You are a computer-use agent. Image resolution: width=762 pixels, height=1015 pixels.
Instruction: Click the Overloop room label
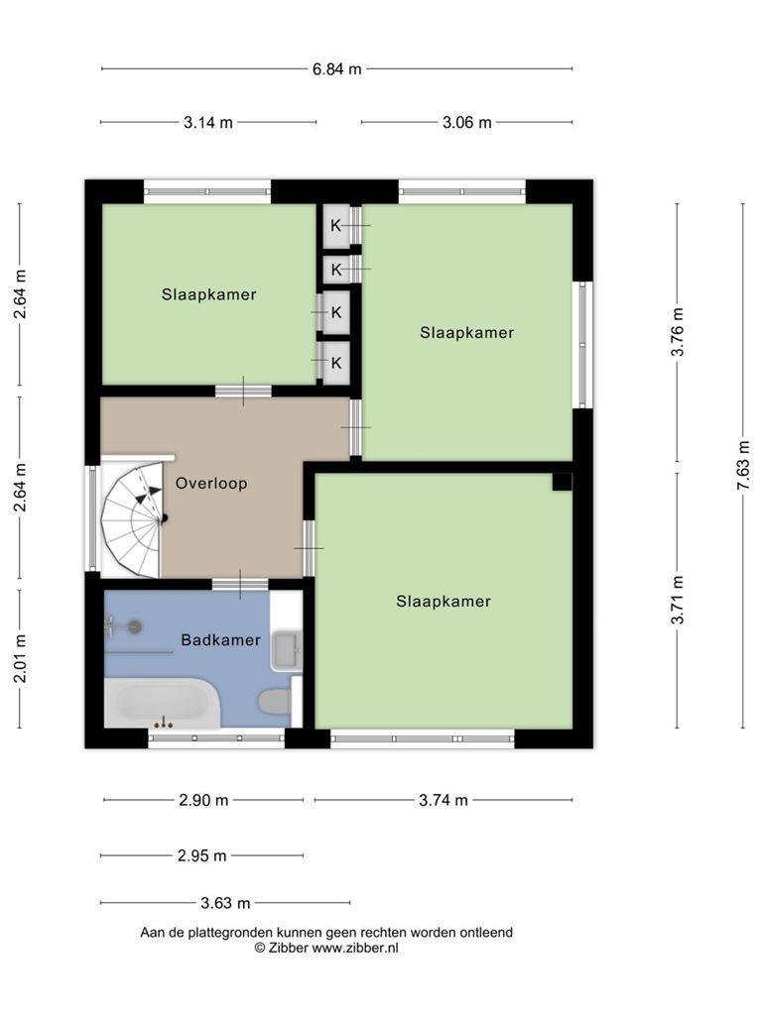coord(211,484)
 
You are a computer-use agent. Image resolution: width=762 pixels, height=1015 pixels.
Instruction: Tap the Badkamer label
coord(220,640)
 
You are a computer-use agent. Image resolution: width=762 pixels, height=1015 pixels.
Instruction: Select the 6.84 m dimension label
coord(337,68)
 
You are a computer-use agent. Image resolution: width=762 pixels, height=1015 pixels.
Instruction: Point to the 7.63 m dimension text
coord(743,466)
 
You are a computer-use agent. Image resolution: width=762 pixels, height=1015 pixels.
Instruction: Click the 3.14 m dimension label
coord(208,122)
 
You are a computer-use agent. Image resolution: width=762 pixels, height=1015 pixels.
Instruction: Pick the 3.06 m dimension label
coord(466,122)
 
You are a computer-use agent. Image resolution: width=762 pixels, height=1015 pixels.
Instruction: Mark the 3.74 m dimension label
coord(444,800)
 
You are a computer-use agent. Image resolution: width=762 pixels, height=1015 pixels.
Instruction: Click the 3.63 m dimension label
coord(225,902)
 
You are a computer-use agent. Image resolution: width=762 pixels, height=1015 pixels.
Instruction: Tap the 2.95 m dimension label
coord(202,855)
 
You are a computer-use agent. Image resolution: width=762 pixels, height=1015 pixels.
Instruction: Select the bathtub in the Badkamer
coord(162,703)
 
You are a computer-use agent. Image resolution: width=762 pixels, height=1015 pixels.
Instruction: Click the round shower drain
coord(135,625)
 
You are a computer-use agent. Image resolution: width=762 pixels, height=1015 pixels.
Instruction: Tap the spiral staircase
coord(131,518)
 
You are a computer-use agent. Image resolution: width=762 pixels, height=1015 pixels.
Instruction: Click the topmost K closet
coord(336,226)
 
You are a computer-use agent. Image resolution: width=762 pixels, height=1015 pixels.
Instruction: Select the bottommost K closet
coord(336,363)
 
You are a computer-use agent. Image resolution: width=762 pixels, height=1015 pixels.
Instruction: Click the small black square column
coord(562,482)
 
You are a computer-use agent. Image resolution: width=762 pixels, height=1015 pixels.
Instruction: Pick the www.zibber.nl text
coord(355,948)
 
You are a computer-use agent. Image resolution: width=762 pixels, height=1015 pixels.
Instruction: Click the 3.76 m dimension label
coord(677,332)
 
